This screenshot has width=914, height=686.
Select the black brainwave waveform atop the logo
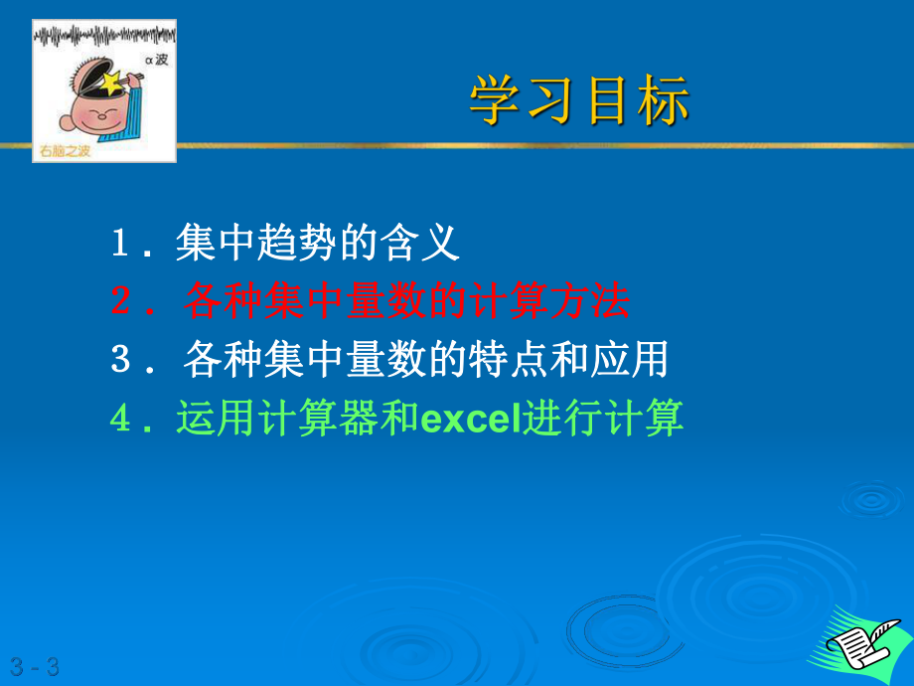pos(104,38)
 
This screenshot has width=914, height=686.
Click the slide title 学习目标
pos(579,101)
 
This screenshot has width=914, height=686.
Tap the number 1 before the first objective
pos(121,244)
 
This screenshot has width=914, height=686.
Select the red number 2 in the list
pos(121,302)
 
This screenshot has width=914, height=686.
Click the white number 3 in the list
pos(121,360)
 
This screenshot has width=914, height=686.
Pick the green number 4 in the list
pos(121,419)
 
